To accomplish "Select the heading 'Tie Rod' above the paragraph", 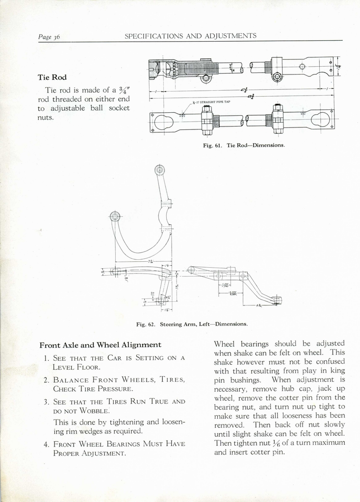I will click(52, 77).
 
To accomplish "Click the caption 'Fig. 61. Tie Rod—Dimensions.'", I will click(243, 145).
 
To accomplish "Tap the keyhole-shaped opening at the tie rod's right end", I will click(321, 118).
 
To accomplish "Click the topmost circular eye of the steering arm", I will click(159, 170).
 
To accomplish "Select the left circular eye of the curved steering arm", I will click(115, 216).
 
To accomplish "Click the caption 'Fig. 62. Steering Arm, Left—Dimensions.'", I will click(192, 324).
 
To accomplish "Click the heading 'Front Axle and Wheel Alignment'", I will click(100, 345).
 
